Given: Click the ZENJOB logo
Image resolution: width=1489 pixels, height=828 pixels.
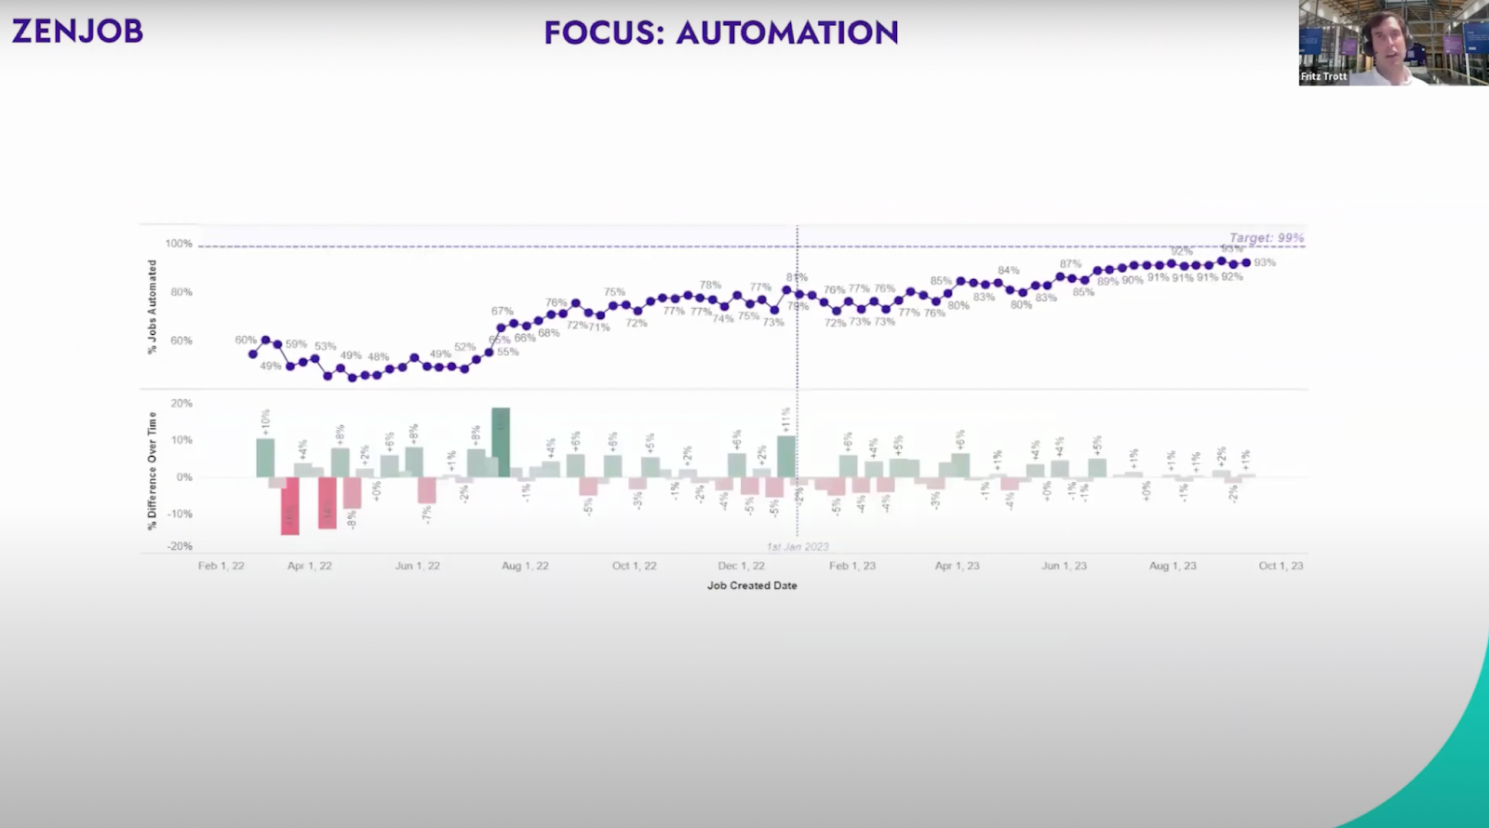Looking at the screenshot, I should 77,31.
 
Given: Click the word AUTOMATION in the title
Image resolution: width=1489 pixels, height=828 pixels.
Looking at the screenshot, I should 787,33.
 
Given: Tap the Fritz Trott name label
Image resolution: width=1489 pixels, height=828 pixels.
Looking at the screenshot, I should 1323,76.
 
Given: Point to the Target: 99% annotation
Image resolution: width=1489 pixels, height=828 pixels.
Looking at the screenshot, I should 1266,238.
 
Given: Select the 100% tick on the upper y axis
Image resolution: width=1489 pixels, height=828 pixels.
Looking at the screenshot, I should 179,244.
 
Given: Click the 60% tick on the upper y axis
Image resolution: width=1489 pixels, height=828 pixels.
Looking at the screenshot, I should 181,341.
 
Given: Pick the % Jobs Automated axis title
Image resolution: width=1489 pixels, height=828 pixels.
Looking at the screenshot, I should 153,307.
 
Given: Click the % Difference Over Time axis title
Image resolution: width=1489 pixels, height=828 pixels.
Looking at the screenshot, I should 153,472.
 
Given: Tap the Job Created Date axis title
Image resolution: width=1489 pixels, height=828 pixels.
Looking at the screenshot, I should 752,585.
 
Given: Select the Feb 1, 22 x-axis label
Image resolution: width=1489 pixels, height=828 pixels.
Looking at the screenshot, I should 221,566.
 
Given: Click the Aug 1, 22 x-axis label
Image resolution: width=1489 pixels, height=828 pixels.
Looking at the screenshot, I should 525,566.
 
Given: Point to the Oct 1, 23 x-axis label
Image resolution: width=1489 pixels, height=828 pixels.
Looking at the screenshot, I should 1281,566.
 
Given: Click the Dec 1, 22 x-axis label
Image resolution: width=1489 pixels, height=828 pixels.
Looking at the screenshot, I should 741,566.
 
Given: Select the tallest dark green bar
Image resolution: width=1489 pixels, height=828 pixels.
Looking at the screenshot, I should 501,442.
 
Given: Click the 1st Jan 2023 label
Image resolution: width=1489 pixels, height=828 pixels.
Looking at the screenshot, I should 798,547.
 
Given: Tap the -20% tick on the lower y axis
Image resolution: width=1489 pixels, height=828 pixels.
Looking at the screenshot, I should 180,546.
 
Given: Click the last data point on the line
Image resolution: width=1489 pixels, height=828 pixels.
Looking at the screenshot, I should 1246,262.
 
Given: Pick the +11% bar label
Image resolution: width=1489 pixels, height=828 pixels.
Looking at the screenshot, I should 785,420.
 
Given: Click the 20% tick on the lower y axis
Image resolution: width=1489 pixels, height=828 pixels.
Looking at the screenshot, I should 181,404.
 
